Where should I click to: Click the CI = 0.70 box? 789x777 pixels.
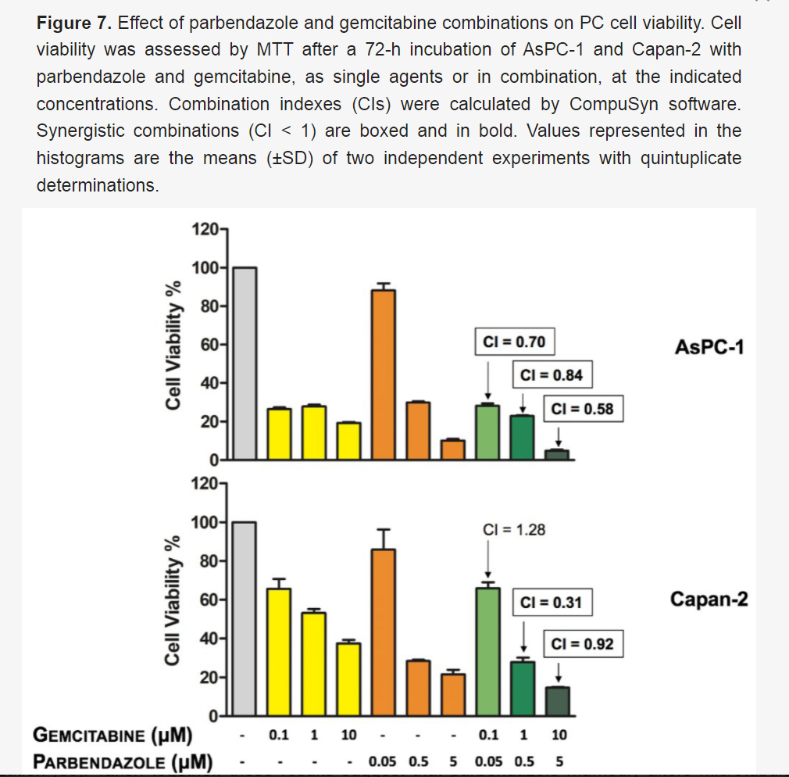click(515, 342)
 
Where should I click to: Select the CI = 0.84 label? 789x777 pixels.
click(552, 376)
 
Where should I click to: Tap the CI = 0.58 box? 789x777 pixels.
click(583, 409)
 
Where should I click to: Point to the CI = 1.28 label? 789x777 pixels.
click(515, 529)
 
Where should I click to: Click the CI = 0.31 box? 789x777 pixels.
click(552, 603)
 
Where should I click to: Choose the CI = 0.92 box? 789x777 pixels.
click(583, 645)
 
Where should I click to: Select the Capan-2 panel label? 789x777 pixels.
click(709, 600)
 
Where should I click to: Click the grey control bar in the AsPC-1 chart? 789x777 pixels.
click(245, 363)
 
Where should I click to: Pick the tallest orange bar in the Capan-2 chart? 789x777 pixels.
click(384, 632)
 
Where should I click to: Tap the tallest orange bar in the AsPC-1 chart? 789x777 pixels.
click(384, 374)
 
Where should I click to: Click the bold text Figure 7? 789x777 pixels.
click(75, 23)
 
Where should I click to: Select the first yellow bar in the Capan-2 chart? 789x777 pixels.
click(279, 652)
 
